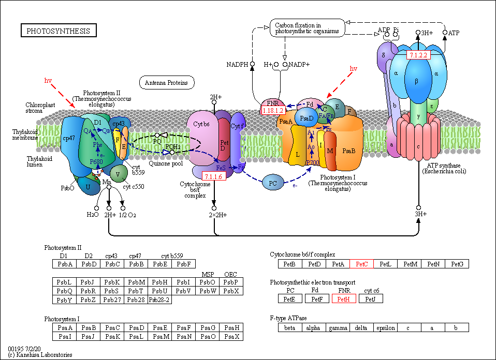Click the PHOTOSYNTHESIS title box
(x=58, y=31)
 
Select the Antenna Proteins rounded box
(x=166, y=82)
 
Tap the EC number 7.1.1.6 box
(x=213, y=177)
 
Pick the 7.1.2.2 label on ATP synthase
(x=418, y=55)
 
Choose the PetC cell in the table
(x=361, y=264)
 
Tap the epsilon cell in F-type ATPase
(x=386, y=327)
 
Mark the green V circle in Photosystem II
(x=119, y=173)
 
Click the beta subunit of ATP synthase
(x=416, y=81)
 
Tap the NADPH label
(x=238, y=65)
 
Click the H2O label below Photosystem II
(x=93, y=214)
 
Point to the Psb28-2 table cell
(x=159, y=299)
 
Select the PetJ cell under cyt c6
(x=371, y=299)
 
